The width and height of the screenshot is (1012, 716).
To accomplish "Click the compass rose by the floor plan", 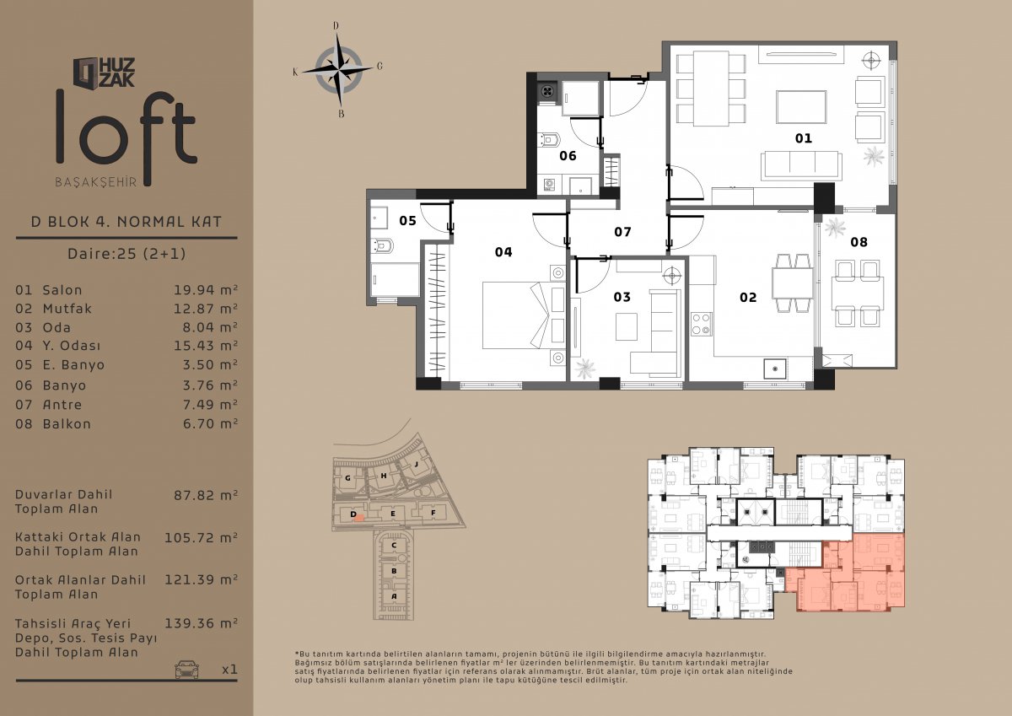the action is click(338, 70).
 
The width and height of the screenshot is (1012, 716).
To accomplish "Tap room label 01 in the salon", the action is click(803, 138).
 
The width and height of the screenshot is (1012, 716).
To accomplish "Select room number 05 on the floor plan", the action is click(407, 220).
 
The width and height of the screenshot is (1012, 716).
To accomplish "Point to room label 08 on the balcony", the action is click(859, 242).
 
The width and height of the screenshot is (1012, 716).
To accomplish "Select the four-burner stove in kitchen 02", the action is click(701, 324).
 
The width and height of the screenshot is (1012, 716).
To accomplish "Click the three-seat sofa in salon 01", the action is click(801, 166).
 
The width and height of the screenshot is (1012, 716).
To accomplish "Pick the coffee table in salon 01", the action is click(801, 107).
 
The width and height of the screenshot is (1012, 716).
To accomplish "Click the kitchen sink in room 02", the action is click(775, 369).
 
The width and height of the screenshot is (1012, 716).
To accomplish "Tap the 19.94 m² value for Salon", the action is click(206, 290).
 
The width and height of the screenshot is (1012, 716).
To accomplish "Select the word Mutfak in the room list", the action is click(67, 309).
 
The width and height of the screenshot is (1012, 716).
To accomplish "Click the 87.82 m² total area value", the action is click(206, 496).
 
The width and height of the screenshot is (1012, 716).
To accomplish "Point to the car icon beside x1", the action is click(186, 669).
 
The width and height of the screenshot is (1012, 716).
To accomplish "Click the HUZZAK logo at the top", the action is click(104, 73).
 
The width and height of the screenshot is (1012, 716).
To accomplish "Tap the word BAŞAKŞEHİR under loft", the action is click(96, 182).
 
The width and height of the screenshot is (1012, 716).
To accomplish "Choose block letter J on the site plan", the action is click(416, 464).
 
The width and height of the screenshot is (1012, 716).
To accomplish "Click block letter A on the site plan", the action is click(394, 596).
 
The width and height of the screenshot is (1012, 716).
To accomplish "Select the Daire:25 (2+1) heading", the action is click(126, 253).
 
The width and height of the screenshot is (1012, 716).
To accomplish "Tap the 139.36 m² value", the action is click(201, 623).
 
